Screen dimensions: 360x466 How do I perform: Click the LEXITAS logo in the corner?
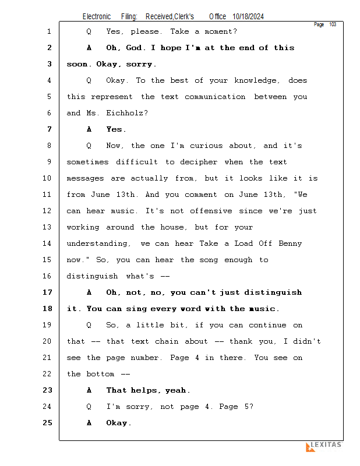[324, 446]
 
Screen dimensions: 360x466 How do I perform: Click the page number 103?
[333, 24]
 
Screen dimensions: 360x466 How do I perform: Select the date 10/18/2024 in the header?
[248, 17]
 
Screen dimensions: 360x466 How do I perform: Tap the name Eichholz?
[127, 113]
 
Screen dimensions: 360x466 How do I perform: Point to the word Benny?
[290, 243]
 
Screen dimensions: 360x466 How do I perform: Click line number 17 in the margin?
[47, 292]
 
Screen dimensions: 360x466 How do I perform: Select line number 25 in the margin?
[47, 423]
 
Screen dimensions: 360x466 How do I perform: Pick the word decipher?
[199, 163]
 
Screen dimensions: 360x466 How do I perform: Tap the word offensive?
[211, 211]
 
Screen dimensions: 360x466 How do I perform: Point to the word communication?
[215, 97]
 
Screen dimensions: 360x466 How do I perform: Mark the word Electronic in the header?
[97, 17]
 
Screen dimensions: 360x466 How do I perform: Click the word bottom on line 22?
[100, 374]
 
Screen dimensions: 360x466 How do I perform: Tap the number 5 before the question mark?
[247, 407]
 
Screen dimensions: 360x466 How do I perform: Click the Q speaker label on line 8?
[89, 146]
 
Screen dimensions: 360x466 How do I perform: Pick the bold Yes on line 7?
[117, 129]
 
